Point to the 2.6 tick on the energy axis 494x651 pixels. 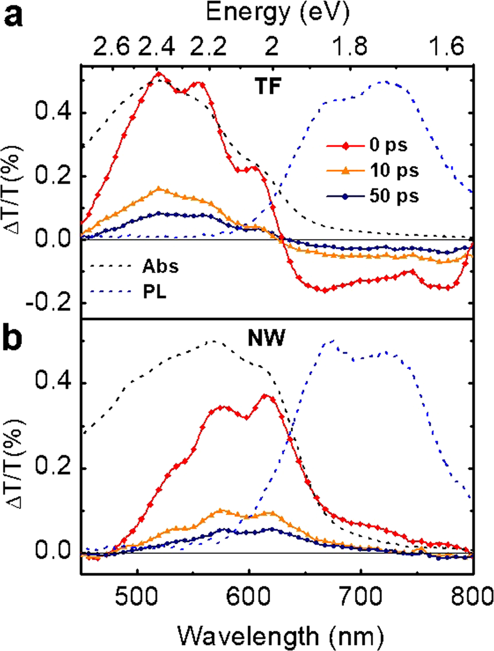point(109,47)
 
